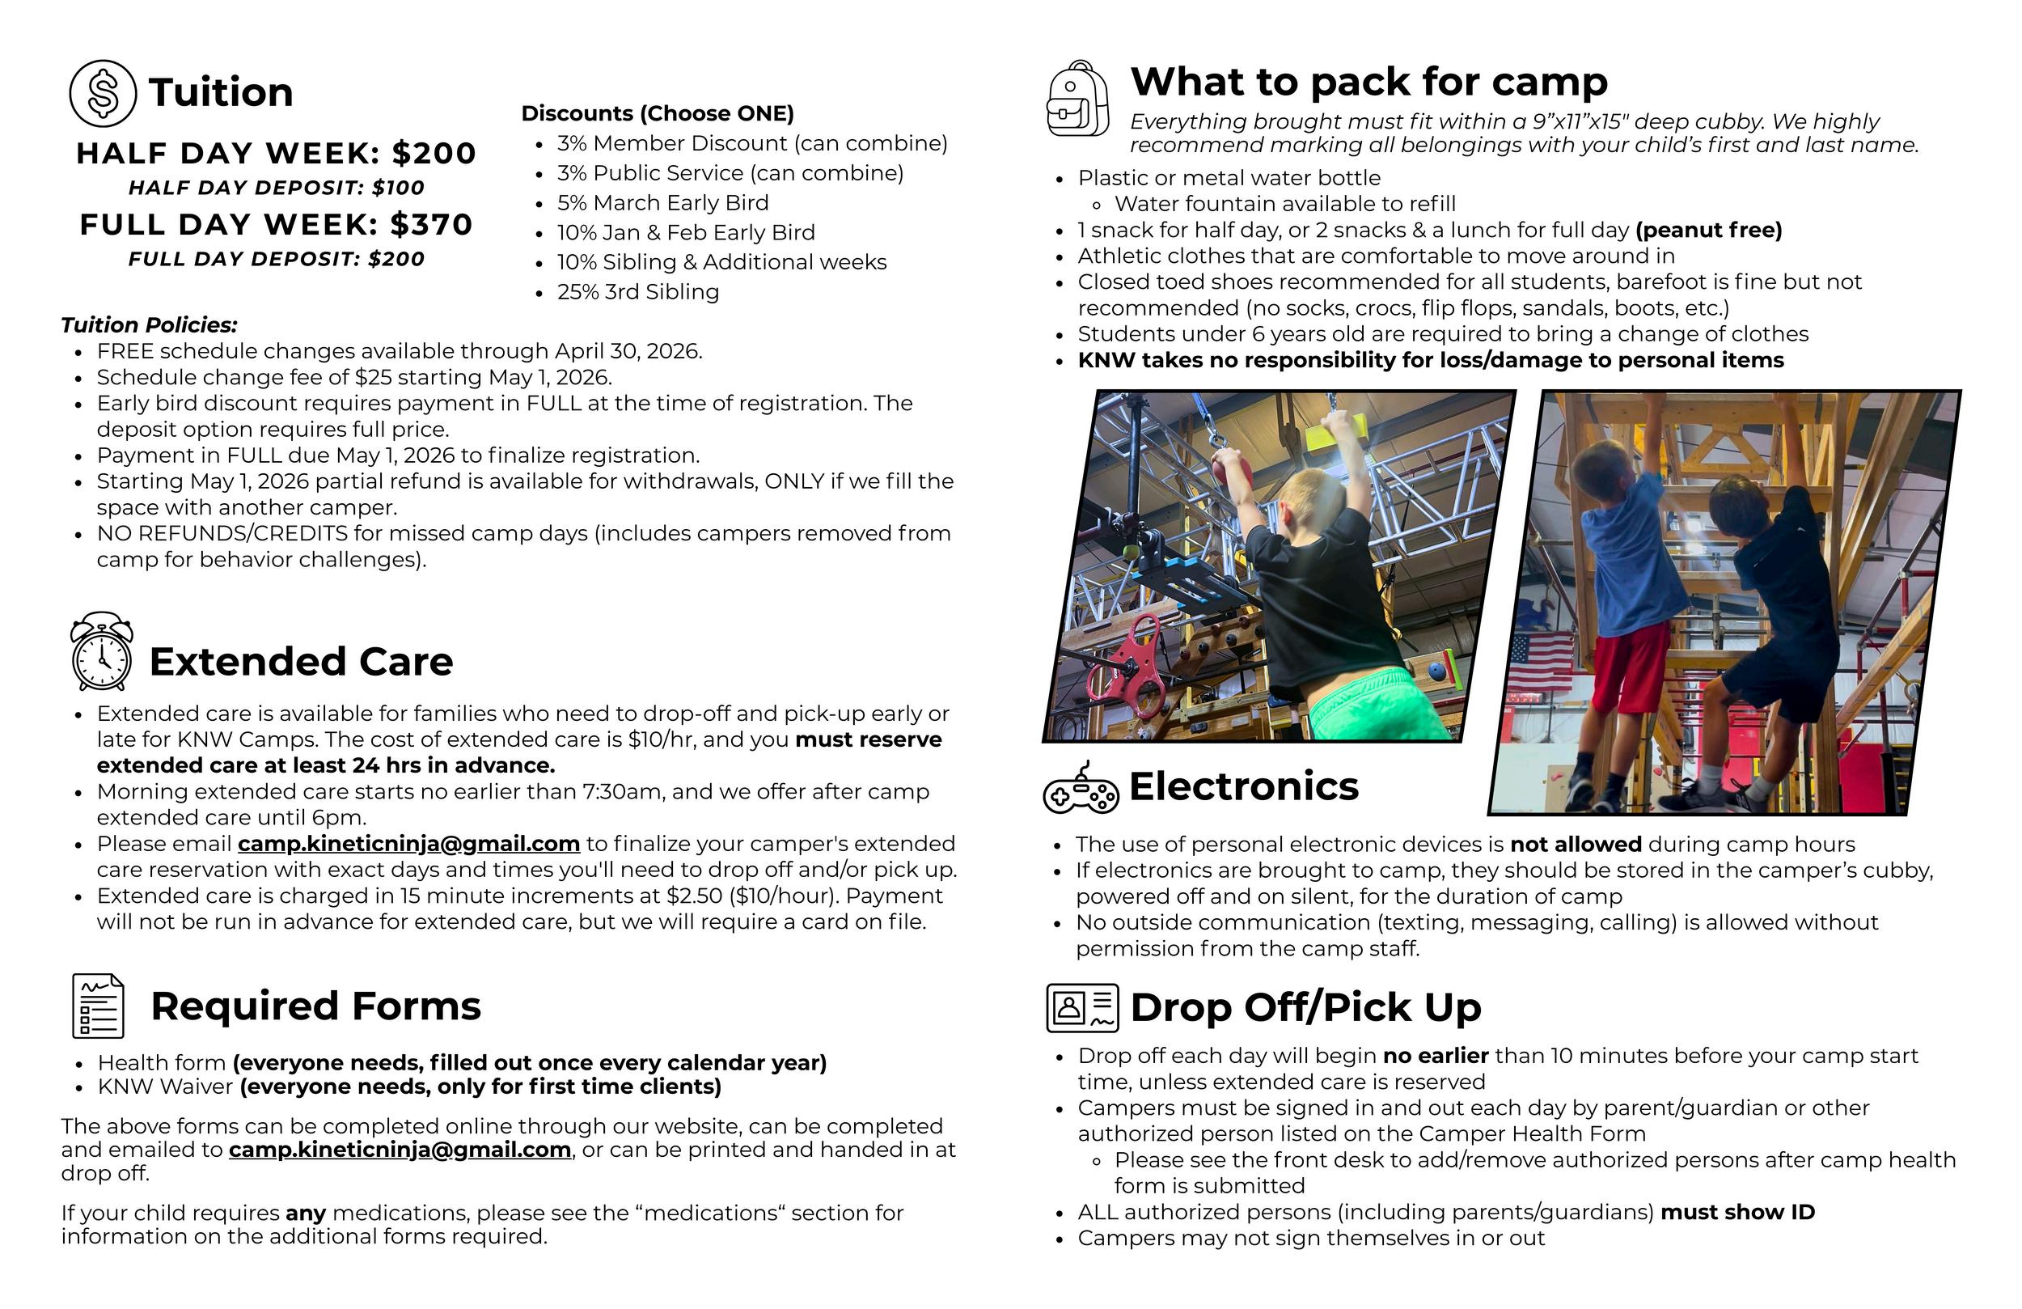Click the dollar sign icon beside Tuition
(x=103, y=94)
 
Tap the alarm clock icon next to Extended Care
(x=102, y=652)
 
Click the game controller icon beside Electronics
(x=1080, y=788)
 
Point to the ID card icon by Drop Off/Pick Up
(x=1082, y=1008)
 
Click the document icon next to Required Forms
(x=99, y=1006)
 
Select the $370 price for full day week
(x=431, y=224)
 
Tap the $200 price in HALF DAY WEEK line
(x=434, y=153)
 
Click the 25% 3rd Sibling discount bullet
(x=637, y=292)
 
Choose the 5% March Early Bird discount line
(x=662, y=203)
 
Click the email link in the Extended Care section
(x=408, y=844)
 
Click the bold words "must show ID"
(x=1737, y=1212)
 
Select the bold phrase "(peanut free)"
(x=1708, y=231)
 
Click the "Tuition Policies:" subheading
(x=150, y=325)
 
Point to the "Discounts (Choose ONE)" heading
(x=658, y=114)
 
